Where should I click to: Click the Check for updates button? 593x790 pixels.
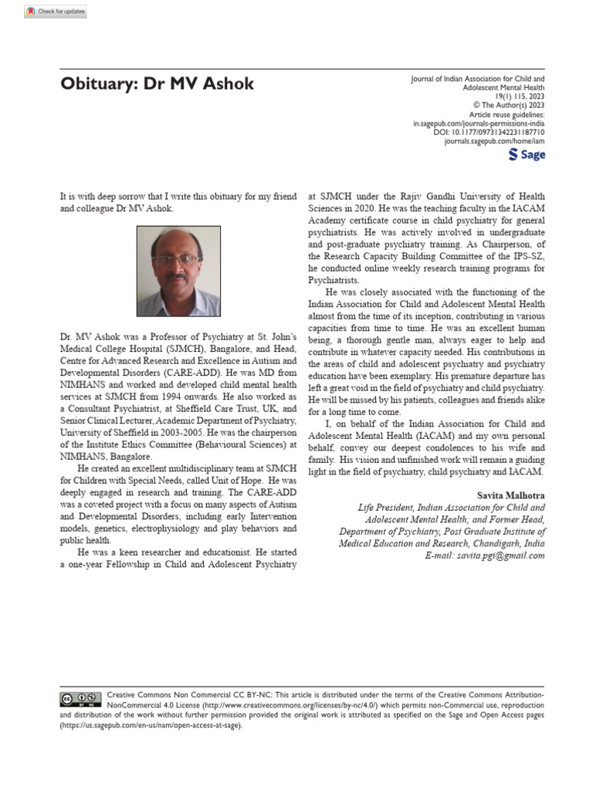pyautogui.click(x=56, y=12)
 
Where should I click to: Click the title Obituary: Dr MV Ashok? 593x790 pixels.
pyautogui.click(x=157, y=84)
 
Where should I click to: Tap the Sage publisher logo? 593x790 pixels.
pyautogui.click(x=527, y=155)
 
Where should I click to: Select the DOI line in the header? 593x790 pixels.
pyautogui.click(x=489, y=133)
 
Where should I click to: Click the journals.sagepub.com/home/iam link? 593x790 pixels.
pyautogui.click(x=494, y=143)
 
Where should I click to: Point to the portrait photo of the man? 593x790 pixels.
pyautogui.click(x=178, y=271)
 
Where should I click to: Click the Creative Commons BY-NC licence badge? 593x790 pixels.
pyautogui.click(x=81, y=699)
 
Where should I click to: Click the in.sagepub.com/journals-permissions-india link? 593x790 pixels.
pyautogui.click(x=479, y=123)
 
